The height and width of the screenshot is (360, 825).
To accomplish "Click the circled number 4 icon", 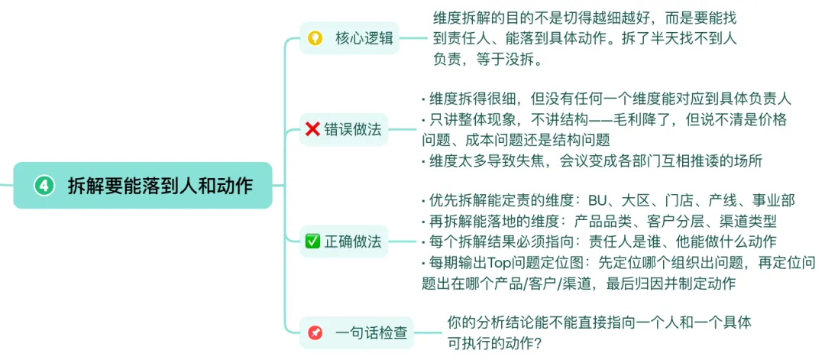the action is coord(44,185).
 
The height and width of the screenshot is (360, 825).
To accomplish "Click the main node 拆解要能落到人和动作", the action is coord(160,185).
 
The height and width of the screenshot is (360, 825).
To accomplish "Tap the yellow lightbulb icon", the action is coord(314,37).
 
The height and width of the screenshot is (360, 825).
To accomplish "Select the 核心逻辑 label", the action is coord(364,37).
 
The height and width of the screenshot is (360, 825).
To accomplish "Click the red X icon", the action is coord(312,129).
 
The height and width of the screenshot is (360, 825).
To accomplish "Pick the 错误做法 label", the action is coord(353,129).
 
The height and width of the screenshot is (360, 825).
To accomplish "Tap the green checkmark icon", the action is coord(312,242).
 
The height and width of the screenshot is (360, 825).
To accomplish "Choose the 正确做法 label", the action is coord(353,242).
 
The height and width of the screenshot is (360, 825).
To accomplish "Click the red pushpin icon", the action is coord(315,333).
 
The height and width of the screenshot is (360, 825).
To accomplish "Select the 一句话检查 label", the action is coord(370,333).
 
